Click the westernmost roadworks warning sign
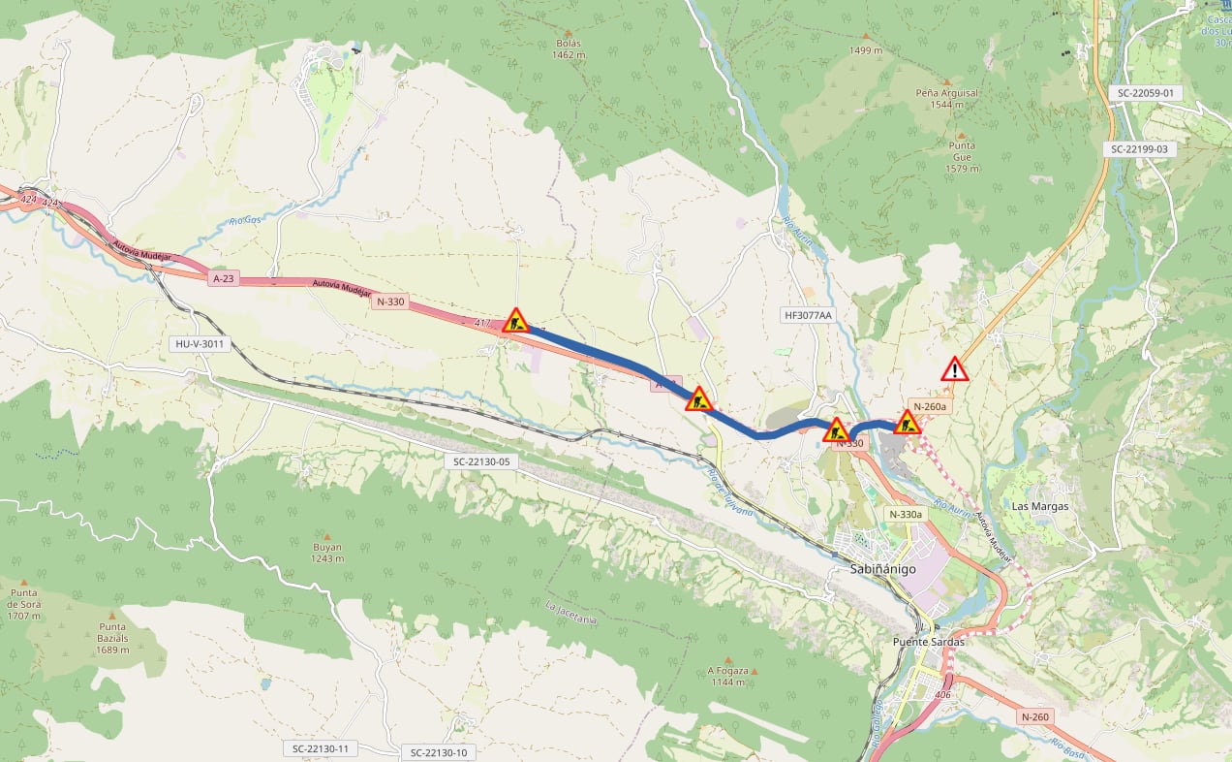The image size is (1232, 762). click(515, 321)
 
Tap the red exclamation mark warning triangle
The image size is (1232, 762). click(955, 369)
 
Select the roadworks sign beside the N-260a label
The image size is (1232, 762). click(907, 422)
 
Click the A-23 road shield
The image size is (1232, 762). click(223, 278)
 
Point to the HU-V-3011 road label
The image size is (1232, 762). click(199, 344)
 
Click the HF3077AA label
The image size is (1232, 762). click(807, 315)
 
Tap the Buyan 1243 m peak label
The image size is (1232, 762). click(327, 553)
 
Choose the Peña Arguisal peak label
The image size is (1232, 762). click(946, 98)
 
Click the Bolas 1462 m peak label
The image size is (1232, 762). click(569, 48)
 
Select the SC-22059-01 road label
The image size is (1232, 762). click(1145, 93)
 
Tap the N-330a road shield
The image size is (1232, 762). click(905, 515)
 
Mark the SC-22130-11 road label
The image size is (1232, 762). click(321, 748)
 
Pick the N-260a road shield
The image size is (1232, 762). click(929, 406)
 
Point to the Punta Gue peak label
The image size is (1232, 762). click(962, 156)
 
